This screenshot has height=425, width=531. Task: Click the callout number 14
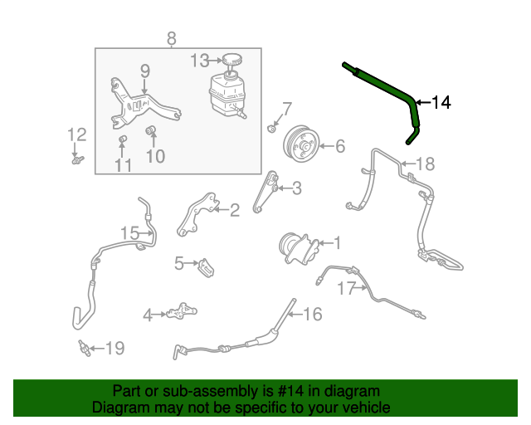(x=441, y=103)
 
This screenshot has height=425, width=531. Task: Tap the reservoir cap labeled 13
(x=230, y=60)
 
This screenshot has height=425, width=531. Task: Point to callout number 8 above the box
(x=172, y=37)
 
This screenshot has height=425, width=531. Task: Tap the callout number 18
(x=424, y=164)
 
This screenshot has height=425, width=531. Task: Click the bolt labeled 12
(x=76, y=159)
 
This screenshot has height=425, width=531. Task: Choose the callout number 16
(x=312, y=314)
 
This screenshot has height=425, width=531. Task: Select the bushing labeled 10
(x=152, y=130)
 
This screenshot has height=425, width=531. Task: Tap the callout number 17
(x=346, y=289)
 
